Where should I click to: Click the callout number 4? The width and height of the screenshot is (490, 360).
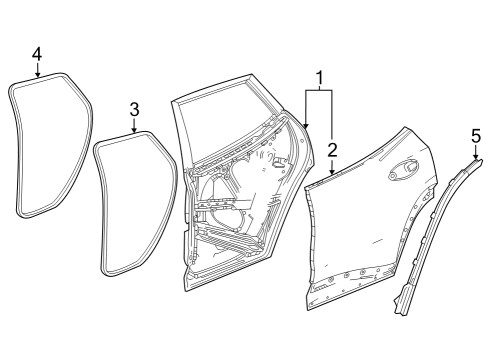[x=37, y=52]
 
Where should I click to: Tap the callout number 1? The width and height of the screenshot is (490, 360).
[x=319, y=77]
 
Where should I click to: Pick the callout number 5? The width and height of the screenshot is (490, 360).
[x=475, y=132]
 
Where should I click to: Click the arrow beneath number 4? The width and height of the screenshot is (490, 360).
[x=37, y=68]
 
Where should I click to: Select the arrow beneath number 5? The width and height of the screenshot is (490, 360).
[x=475, y=148]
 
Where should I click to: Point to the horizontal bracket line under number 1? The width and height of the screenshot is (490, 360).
[x=319, y=90]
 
